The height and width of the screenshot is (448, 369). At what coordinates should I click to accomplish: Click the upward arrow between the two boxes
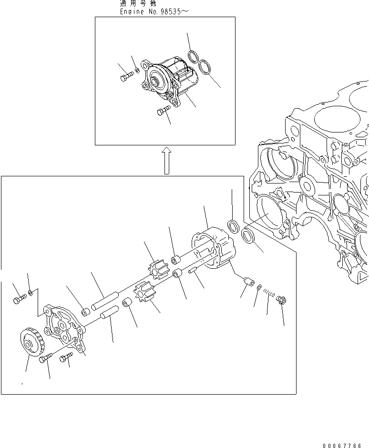click(x=165, y=160)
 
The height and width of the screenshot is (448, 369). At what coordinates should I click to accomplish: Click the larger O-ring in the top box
click(x=205, y=67)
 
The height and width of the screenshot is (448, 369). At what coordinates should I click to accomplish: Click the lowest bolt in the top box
click(x=163, y=111)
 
